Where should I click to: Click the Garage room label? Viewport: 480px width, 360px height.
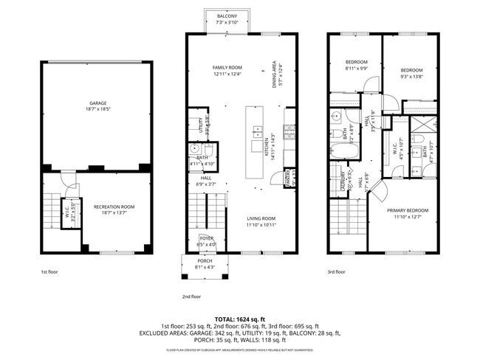[97, 104]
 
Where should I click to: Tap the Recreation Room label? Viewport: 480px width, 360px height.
[114, 209]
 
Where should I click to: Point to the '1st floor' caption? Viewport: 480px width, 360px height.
[50, 272]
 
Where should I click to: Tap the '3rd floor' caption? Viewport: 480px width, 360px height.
[337, 272]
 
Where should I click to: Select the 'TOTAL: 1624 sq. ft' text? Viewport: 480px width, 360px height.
[239, 318]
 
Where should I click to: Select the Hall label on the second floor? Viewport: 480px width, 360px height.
[206, 180]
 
